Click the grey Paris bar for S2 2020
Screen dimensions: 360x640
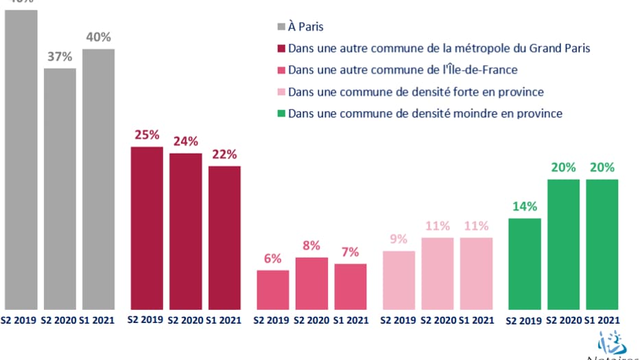[x=60, y=189]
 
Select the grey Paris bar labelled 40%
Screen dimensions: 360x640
[x=98, y=178]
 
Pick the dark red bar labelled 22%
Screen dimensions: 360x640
[x=224, y=237]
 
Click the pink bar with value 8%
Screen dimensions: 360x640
[x=311, y=283]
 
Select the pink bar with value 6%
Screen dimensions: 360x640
[x=273, y=289]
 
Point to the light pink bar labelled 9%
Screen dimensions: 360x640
[x=399, y=280]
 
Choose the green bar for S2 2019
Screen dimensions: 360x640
[x=524, y=263]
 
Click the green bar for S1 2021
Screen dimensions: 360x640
[x=602, y=244]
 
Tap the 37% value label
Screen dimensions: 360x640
[x=60, y=57]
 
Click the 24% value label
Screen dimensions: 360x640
[x=185, y=142]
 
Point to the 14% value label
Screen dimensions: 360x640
[x=524, y=206]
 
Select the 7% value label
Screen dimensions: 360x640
[x=350, y=252]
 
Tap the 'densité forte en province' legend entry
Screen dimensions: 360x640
[x=416, y=92]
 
